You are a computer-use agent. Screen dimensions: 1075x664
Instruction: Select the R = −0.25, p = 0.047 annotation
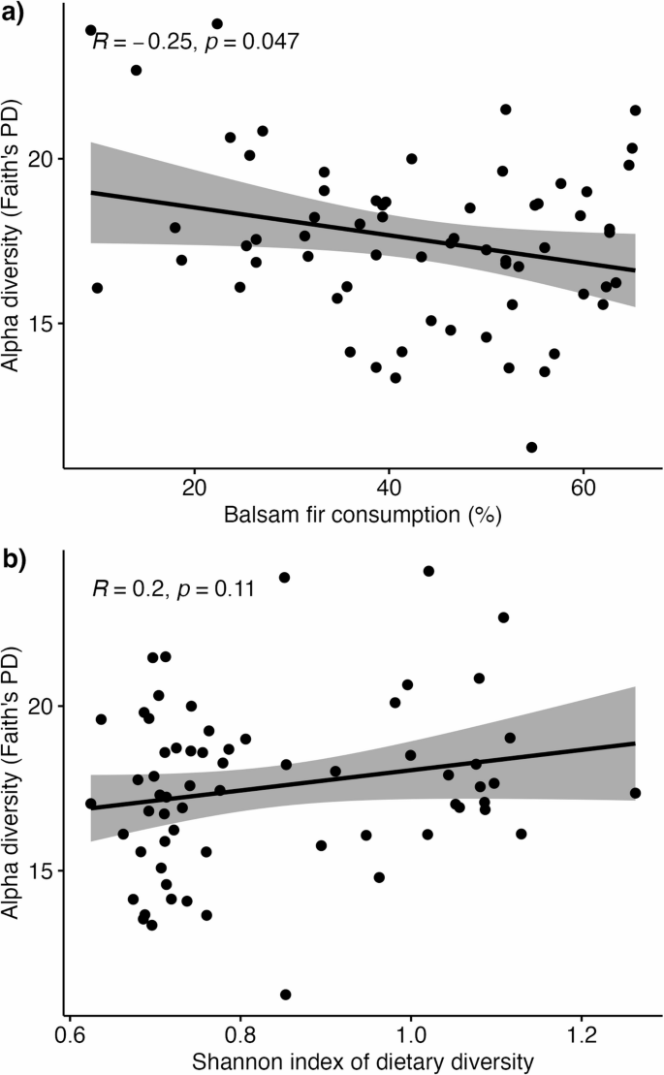point(195,42)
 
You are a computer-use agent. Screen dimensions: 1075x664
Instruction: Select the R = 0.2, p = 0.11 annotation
point(174,588)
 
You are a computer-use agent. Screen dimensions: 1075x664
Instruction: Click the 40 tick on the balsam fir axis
point(389,485)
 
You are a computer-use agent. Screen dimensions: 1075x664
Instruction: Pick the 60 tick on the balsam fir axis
point(583,485)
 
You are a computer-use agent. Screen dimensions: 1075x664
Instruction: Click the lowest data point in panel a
point(531,447)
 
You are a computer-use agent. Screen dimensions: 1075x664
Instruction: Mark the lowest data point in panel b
point(286,995)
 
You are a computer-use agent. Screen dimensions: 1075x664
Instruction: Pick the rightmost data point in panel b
point(635,793)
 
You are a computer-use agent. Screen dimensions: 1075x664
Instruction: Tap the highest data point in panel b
point(428,571)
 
